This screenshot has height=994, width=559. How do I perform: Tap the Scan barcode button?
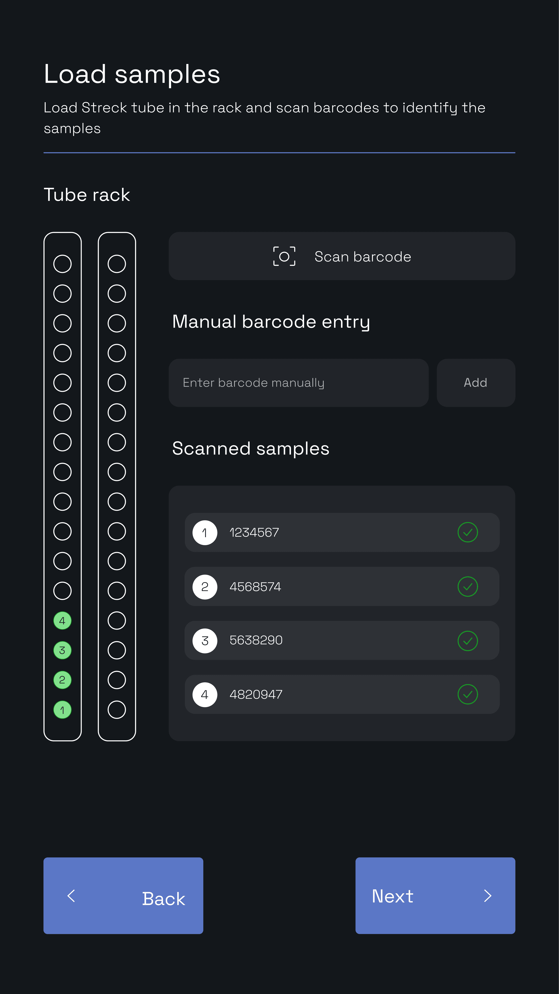[342, 256]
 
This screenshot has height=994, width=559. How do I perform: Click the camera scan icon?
[284, 256]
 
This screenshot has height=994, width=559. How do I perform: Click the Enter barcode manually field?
[299, 383]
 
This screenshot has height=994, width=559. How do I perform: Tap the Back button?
[123, 896]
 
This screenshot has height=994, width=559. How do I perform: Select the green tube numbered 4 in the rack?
[62, 620]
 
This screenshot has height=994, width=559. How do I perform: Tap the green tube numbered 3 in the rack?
[62, 650]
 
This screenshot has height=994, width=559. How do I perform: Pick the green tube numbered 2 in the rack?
[62, 680]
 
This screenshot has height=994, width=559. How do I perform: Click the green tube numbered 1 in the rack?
[62, 710]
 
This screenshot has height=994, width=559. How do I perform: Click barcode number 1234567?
[254, 533]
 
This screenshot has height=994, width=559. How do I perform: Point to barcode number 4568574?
[255, 586]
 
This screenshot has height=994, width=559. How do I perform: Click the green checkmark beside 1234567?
[468, 533]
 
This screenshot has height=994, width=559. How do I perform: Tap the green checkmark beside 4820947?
[468, 695]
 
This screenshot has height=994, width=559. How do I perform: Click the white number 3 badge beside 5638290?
[205, 641]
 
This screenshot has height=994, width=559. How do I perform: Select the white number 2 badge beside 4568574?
[205, 586]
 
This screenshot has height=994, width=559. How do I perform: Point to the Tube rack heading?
[87, 194]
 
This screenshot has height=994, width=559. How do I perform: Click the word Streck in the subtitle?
[104, 108]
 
